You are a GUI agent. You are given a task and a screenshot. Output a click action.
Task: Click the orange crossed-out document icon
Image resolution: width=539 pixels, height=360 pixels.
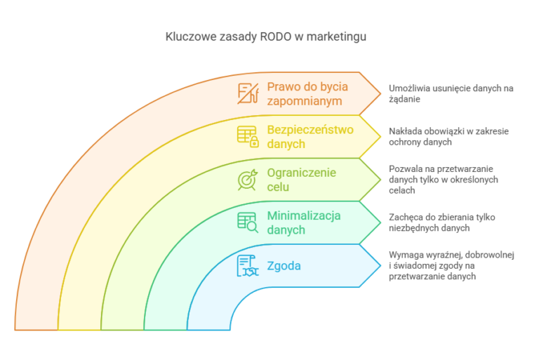(x=248, y=93)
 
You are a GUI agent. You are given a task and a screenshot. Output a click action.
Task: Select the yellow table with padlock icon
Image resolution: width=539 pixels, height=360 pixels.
(x=248, y=137)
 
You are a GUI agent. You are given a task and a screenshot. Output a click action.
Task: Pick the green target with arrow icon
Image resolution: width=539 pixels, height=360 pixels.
(x=248, y=179)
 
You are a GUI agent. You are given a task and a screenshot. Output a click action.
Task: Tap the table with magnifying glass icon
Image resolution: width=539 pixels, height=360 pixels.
(x=248, y=222)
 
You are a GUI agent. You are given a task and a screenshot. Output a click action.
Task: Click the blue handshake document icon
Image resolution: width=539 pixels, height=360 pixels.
(x=248, y=265)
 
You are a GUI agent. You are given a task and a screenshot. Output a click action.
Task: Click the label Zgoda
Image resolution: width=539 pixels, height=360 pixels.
(x=284, y=266)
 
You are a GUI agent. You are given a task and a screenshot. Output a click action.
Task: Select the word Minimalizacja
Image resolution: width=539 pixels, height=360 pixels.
(x=304, y=215)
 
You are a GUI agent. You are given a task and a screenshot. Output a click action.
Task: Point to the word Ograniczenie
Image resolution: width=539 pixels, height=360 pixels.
(x=302, y=173)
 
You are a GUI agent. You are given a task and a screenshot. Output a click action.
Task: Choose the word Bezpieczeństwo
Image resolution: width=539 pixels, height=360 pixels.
(x=310, y=130)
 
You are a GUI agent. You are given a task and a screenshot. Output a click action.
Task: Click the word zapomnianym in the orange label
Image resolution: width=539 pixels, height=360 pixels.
(x=305, y=101)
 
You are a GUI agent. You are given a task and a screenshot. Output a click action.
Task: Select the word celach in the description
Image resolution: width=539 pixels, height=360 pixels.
(x=402, y=190)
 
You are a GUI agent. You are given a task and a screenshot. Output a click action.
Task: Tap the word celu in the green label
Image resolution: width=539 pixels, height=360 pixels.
(x=278, y=187)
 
